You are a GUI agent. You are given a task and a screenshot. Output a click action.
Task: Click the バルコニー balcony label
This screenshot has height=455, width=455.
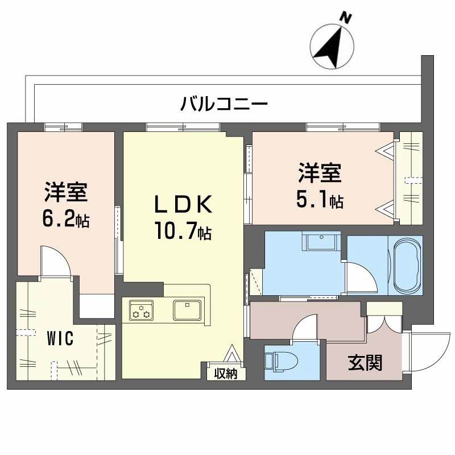224,104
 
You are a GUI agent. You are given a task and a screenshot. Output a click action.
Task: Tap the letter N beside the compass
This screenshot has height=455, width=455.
345,18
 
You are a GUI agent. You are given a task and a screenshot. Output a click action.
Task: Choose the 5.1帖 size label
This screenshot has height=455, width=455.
320,200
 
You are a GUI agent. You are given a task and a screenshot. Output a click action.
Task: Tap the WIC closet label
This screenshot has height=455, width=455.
59,340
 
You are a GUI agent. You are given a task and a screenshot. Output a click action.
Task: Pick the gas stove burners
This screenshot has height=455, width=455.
141,311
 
